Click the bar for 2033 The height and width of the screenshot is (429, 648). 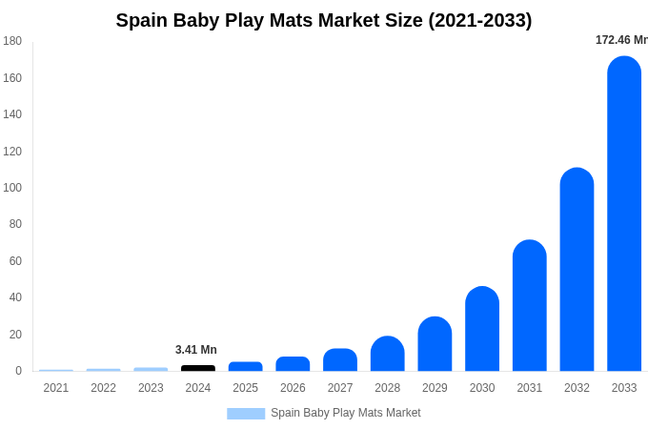[x=624, y=214]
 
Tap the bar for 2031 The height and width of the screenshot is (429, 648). [x=530, y=306]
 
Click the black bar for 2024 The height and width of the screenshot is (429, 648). [x=198, y=368]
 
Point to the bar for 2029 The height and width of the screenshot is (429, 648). [x=435, y=344]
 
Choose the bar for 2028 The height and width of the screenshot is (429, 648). [x=388, y=354]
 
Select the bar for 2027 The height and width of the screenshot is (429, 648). [x=340, y=360]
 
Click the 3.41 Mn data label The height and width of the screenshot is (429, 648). [x=196, y=350]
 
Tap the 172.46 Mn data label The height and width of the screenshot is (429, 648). [x=621, y=40]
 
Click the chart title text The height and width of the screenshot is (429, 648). [x=324, y=20]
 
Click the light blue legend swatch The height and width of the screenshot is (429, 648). [x=246, y=413]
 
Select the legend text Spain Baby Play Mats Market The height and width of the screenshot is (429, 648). [x=345, y=413]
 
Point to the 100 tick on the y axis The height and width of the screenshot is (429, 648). [x=12, y=188]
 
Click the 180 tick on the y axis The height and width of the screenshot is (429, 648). [x=12, y=41]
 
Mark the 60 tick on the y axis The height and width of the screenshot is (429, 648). [x=15, y=261]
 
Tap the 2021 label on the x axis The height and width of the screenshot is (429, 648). [x=56, y=388]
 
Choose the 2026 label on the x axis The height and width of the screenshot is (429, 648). [x=293, y=388]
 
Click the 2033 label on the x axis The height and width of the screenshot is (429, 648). [x=624, y=388]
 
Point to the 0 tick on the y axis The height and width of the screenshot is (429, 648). [x=18, y=371]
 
